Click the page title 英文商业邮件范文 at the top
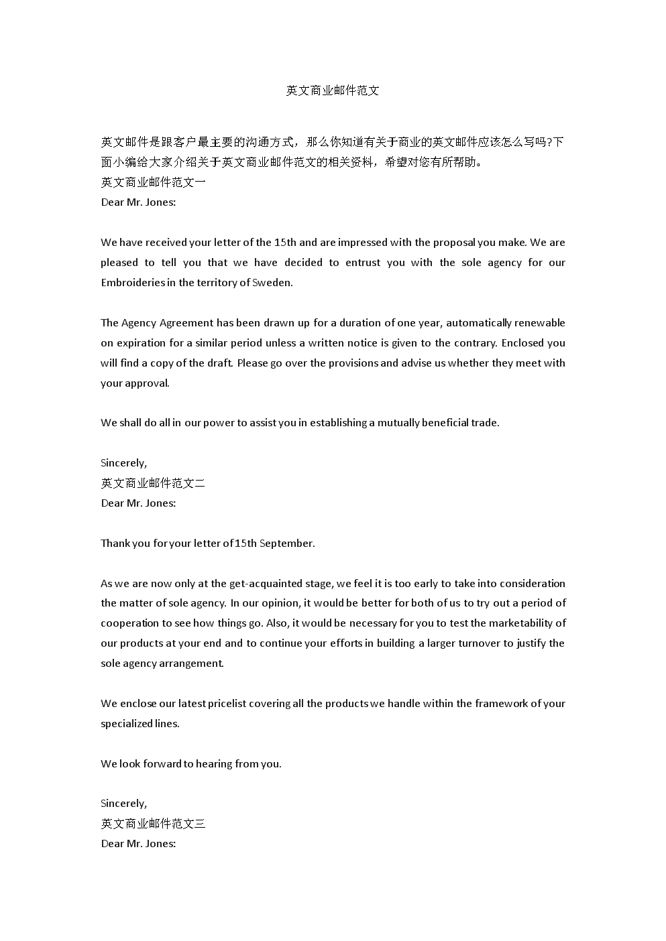tap(333, 90)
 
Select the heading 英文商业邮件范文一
tap(153, 182)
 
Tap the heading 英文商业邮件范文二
tap(153, 483)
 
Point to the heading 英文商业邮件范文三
tap(153, 824)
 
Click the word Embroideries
tap(133, 283)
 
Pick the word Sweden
tap(272, 283)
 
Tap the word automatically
tap(482, 323)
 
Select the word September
tap(286, 544)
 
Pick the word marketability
tap(522, 623)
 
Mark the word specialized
tap(127, 724)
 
